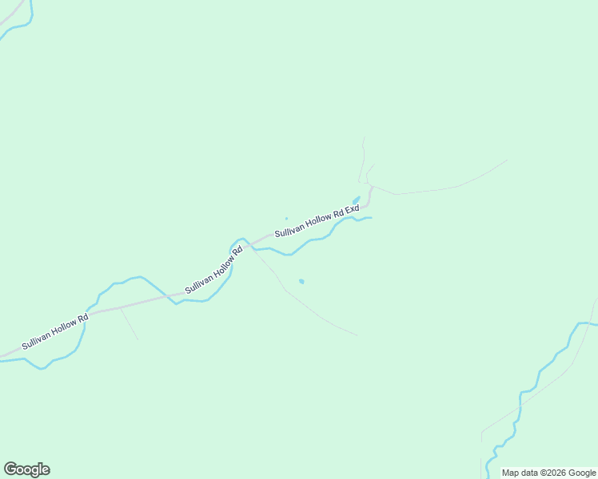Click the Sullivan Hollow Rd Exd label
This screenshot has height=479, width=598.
[317, 221]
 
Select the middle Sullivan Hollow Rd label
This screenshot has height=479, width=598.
[213, 271]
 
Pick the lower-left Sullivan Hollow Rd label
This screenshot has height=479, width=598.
[54, 332]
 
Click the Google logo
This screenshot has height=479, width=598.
[27, 469]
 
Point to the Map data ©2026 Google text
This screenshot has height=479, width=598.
[549, 473]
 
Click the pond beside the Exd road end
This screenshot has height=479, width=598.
[356, 200]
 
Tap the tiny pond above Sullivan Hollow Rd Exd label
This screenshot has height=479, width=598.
[286, 218]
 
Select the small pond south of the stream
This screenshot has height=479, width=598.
[301, 281]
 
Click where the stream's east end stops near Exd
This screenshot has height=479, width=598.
[371, 217]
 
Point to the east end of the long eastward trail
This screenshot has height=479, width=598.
[506, 160]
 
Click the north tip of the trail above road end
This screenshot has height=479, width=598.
[363, 138]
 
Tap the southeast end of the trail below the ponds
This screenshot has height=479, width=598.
[357, 335]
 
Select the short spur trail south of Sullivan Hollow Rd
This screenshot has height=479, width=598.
[130, 324]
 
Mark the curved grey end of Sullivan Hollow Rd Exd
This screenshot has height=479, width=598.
[369, 194]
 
